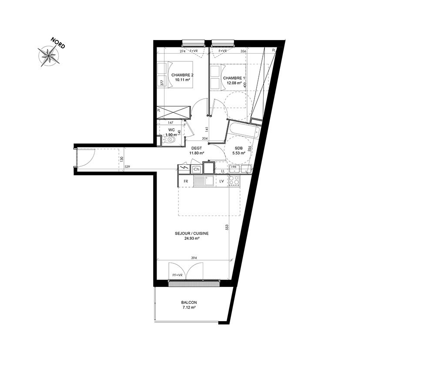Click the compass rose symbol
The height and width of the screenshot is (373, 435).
pyautogui.click(x=49, y=56)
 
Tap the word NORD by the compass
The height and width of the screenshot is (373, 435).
pyautogui.click(x=58, y=43)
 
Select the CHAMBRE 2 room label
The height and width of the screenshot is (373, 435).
pyautogui.click(x=182, y=75)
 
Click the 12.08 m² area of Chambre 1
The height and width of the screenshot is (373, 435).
pyautogui.click(x=234, y=83)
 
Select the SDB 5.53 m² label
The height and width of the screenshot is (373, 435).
pyautogui.click(x=238, y=151)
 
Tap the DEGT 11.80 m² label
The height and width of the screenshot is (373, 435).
pyautogui.click(x=197, y=151)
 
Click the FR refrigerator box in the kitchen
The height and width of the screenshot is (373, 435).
pyautogui.click(x=186, y=181)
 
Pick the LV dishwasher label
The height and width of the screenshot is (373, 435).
pyautogui.click(x=222, y=181)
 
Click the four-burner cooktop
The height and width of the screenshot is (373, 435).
pyautogui.click(x=234, y=181)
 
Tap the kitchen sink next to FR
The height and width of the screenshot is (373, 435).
pyautogui.click(x=204, y=181)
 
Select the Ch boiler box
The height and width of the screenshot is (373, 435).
pyautogui.click(x=197, y=169)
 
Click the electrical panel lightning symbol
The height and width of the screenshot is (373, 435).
pyautogui.click(x=184, y=168)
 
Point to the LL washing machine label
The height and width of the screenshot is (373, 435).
pyautogui.click(x=222, y=171)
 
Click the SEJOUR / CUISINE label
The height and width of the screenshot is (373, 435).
pyautogui.click(x=192, y=233)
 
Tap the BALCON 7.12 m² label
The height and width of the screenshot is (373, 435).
pyautogui.click(x=189, y=305)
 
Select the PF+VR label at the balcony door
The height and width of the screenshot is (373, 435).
pyautogui.click(x=177, y=275)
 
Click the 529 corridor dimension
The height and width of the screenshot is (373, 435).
pyautogui.click(x=127, y=167)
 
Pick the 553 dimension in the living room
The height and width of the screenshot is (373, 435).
pyautogui.click(x=227, y=227)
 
